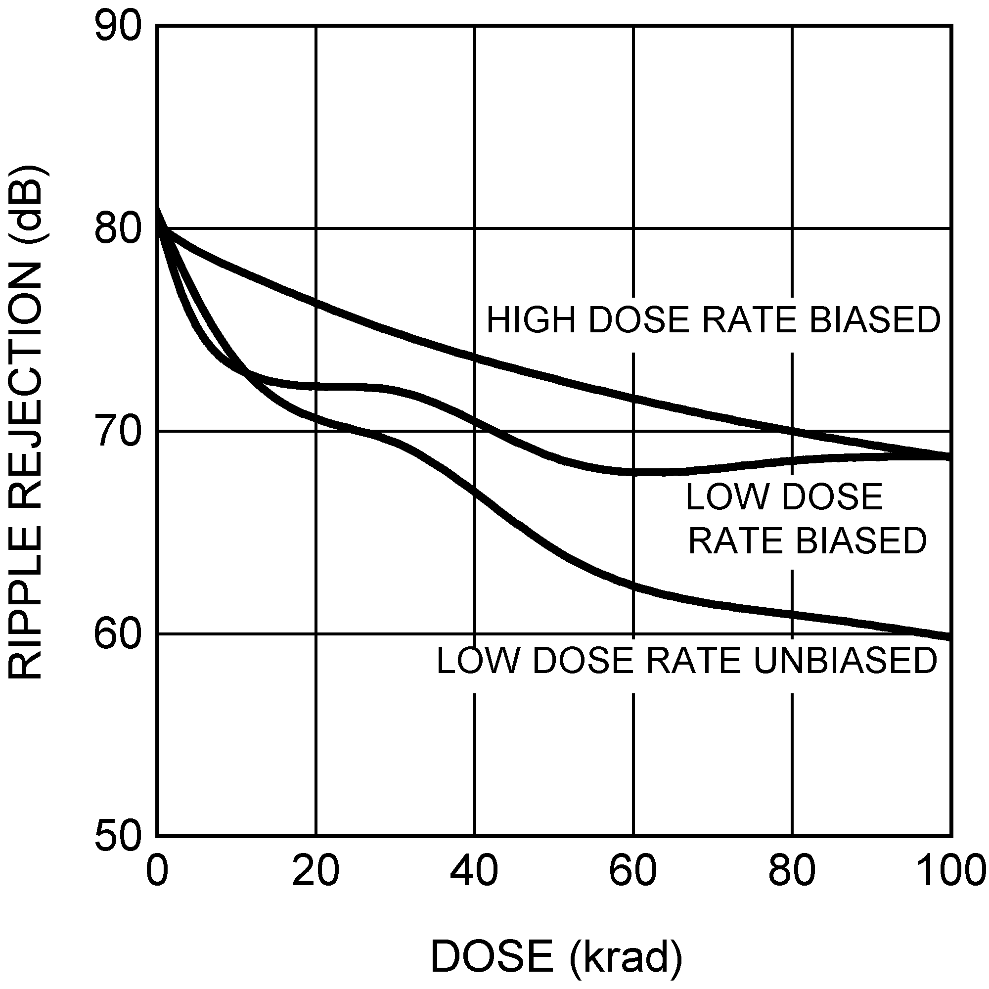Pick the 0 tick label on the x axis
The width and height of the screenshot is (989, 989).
pyautogui.click(x=157, y=872)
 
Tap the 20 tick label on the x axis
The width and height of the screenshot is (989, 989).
pyautogui.click(x=316, y=872)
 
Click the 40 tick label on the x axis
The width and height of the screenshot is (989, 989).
pyautogui.click(x=475, y=872)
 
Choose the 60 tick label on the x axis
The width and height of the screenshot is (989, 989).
pyautogui.click(x=633, y=872)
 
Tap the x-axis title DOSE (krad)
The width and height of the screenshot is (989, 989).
pyautogui.click(x=556, y=956)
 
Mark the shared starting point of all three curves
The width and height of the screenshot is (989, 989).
pyautogui.click(x=158, y=211)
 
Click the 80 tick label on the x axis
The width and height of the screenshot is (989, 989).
pyautogui.click(x=792, y=872)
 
